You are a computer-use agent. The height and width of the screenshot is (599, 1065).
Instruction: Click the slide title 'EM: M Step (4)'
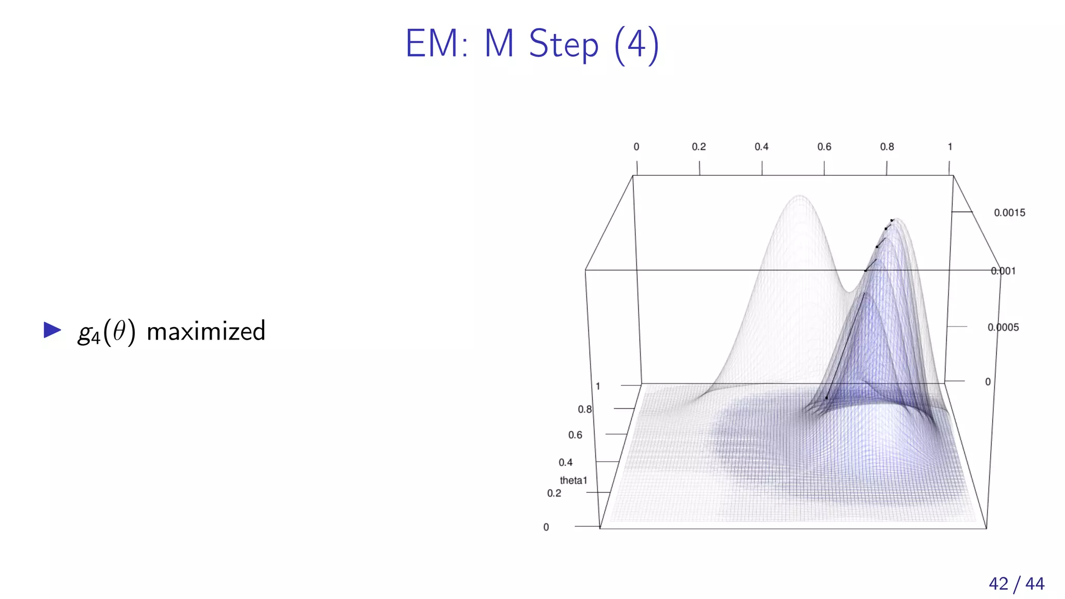coord(532,44)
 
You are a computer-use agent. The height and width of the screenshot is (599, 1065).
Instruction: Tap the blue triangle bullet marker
coord(52,330)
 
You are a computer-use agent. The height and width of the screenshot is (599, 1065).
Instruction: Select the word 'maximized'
coord(206,331)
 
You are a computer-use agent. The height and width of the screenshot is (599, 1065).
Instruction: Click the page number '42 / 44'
coord(1016,583)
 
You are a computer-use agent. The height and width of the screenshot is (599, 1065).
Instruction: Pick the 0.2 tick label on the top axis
coord(698,147)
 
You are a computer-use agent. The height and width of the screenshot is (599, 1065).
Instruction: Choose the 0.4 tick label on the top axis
coord(761,147)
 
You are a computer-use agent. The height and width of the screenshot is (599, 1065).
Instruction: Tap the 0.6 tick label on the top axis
coord(824,147)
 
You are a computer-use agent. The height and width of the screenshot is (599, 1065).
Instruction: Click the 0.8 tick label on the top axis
coord(887,147)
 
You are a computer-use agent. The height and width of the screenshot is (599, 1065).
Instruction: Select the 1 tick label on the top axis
coord(950,147)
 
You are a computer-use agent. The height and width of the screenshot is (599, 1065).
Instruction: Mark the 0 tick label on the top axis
coord(636,147)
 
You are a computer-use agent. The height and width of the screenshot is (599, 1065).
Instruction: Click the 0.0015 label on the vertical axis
coord(1009,213)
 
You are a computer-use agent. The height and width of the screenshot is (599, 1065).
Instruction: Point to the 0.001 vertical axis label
coord(1003,271)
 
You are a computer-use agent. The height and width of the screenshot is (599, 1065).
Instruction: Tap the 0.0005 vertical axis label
coord(1003,328)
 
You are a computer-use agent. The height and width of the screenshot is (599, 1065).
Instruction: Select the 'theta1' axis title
coord(573,480)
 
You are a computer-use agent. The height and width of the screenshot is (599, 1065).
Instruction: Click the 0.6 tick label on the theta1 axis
coord(575,435)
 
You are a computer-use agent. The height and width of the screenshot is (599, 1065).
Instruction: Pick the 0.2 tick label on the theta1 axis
coord(554,493)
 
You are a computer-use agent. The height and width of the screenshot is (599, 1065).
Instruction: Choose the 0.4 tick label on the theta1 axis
coord(565,462)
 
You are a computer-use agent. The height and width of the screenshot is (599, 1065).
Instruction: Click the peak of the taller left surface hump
coord(800,196)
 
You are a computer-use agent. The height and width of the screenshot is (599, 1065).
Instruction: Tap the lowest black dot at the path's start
coord(826,398)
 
